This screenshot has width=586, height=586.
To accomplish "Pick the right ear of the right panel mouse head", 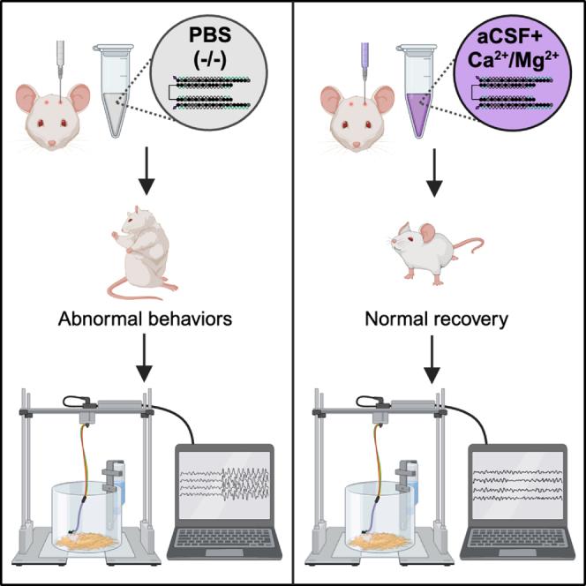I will [x=386, y=97].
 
